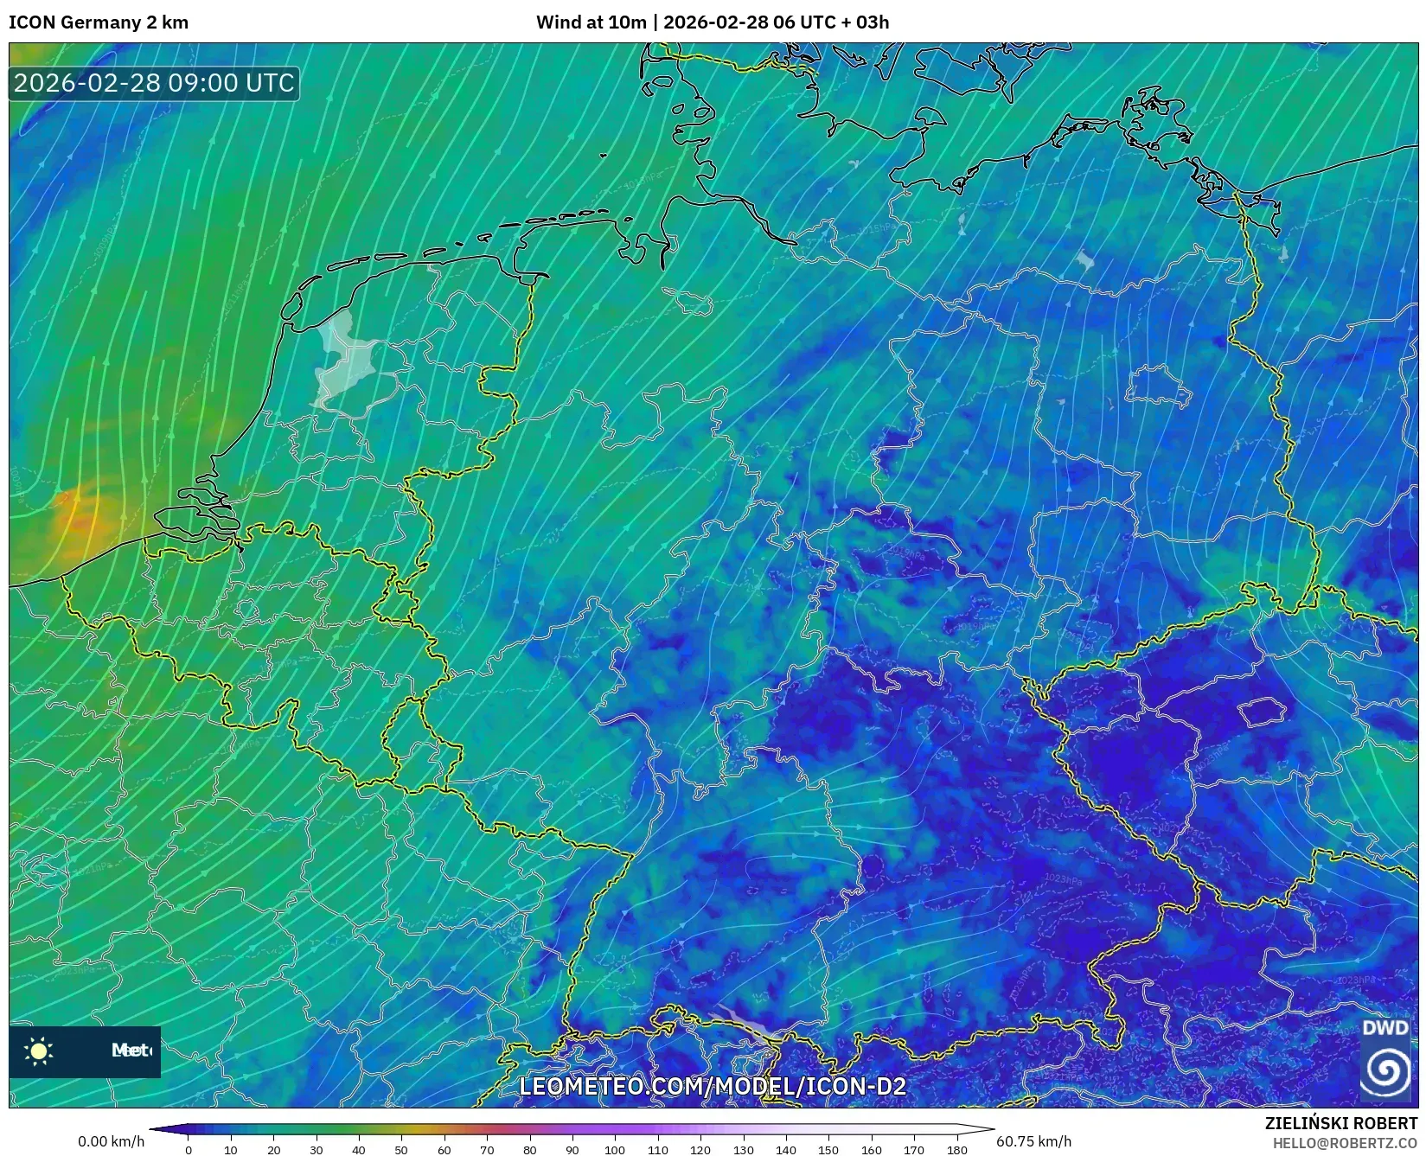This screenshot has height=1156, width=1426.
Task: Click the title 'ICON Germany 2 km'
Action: [x=99, y=22]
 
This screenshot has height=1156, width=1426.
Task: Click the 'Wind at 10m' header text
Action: [x=591, y=22]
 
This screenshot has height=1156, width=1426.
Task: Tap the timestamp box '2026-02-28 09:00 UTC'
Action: [x=154, y=83]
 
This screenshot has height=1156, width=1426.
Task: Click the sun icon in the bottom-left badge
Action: [x=39, y=1051]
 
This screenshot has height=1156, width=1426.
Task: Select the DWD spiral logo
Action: [x=1385, y=1070]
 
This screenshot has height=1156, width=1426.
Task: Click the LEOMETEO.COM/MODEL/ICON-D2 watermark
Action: [x=712, y=1086]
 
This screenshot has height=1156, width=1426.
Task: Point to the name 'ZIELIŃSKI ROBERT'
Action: [x=1340, y=1123]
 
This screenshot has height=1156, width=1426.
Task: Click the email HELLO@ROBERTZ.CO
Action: [x=1344, y=1143]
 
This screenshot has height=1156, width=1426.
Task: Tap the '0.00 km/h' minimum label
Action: [x=111, y=1141]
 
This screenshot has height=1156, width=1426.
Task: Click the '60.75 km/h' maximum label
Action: [x=1033, y=1141]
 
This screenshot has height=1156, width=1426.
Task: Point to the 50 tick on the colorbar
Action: [x=401, y=1149]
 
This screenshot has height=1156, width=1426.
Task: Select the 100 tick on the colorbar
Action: [x=615, y=1149]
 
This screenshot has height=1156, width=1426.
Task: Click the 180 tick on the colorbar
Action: [x=956, y=1149]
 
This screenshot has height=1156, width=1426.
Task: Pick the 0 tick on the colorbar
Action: [x=189, y=1149]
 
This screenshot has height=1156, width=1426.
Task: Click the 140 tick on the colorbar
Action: [x=785, y=1149]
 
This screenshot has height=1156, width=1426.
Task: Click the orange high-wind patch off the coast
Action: [x=76, y=516]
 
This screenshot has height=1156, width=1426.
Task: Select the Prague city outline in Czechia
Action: [x=1263, y=712]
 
